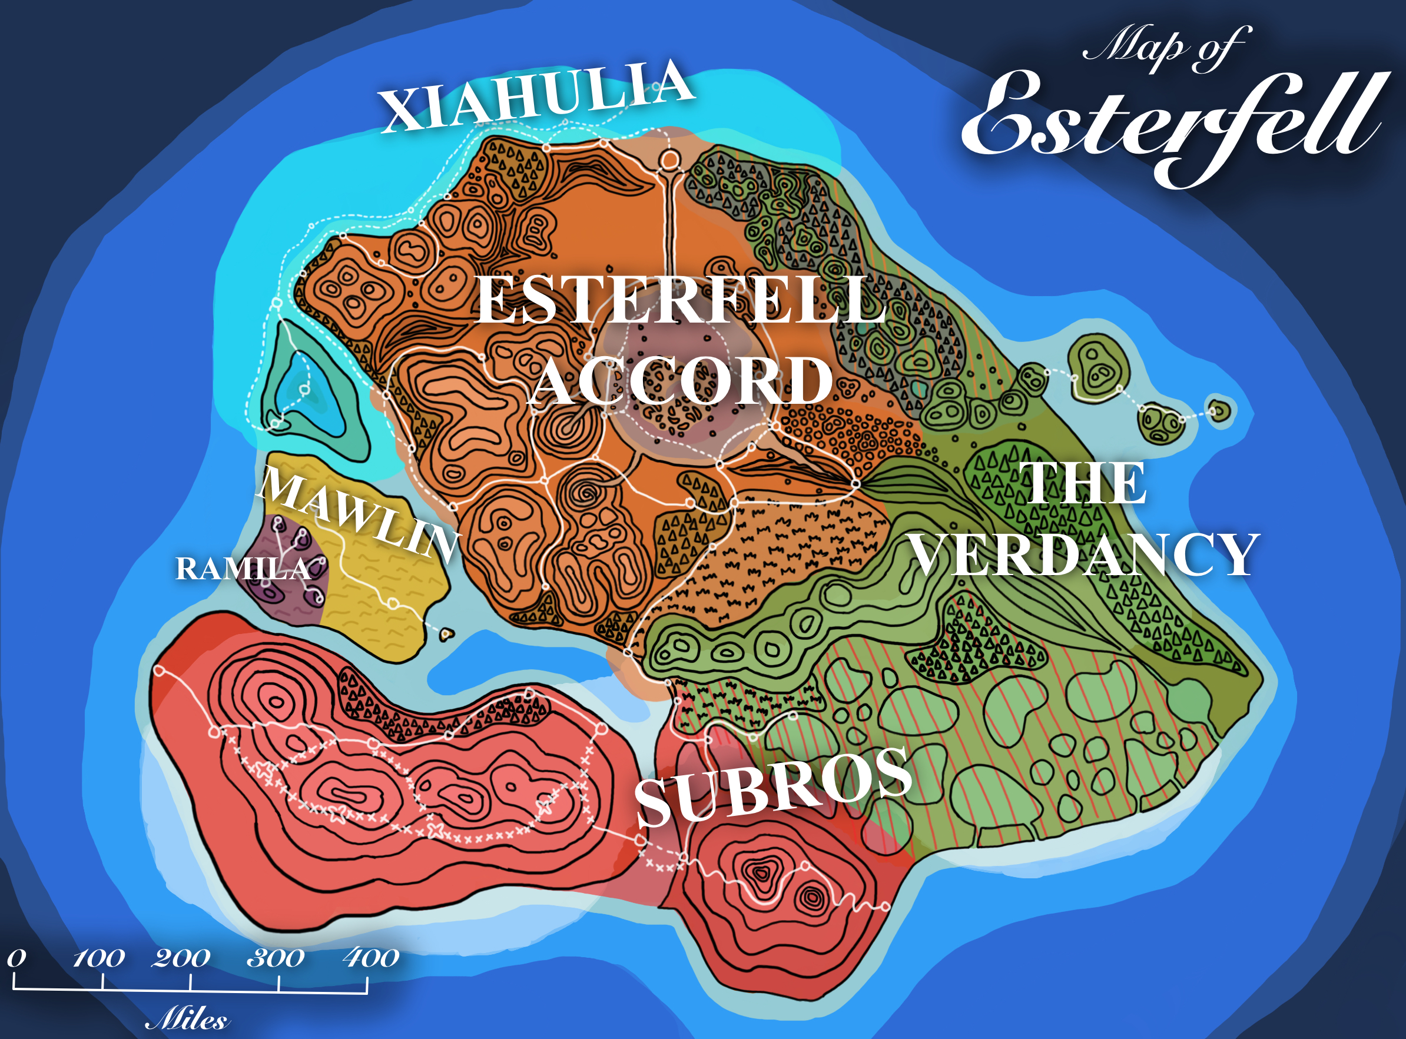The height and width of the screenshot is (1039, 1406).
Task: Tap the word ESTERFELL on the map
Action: click(679, 301)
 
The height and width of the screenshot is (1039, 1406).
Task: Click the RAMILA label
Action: click(243, 569)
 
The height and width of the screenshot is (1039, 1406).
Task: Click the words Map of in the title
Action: click(1164, 47)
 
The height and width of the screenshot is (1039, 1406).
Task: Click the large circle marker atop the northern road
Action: click(669, 160)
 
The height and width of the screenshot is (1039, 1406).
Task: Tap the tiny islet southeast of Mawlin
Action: click(447, 634)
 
